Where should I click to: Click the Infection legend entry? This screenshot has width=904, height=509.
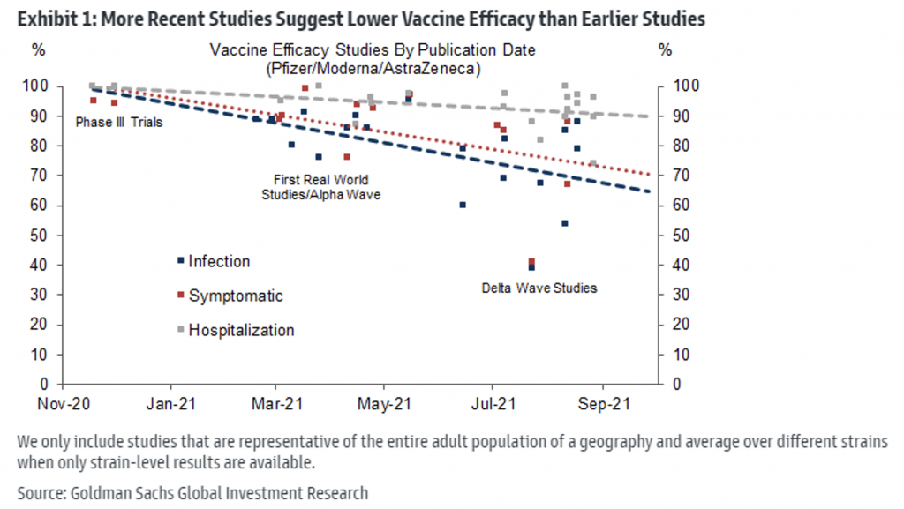tap(218, 261)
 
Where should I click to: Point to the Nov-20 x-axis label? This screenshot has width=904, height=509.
tap(61, 404)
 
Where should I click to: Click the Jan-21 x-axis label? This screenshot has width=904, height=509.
tap(169, 404)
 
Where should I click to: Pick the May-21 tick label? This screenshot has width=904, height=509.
tap(385, 404)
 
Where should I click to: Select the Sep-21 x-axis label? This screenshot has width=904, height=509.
tap(603, 404)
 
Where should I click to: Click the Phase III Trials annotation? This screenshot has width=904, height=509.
tap(119, 123)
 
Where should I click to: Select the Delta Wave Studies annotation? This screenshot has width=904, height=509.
tap(539, 288)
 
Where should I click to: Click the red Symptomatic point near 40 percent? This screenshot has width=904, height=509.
tap(531, 261)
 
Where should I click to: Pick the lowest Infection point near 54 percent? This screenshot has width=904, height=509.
tap(565, 223)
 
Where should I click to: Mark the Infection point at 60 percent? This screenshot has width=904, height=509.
tap(463, 205)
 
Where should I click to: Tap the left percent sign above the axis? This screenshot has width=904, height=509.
tap(38, 50)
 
